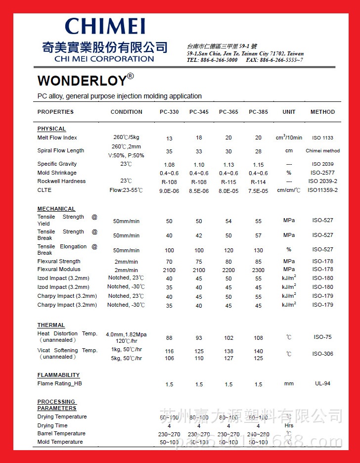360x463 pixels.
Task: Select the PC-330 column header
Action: point(169,112)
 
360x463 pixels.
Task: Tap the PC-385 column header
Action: point(258,112)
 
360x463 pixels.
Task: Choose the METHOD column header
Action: point(322,112)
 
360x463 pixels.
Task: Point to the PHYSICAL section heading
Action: point(51,129)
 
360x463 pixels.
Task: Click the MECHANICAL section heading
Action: point(56,209)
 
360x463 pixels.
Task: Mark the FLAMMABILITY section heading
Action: point(58,375)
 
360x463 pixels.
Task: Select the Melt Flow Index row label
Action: point(57,138)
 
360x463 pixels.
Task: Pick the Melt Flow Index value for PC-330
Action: point(169,139)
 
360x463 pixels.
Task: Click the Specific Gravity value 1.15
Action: point(258,165)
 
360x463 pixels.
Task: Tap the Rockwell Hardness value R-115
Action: point(228,182)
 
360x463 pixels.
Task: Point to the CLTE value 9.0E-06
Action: point(169,190)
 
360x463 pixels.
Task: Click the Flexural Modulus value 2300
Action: point(258,270)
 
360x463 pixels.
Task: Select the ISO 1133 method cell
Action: point(322,138)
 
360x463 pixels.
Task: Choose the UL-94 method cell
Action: point(322,383)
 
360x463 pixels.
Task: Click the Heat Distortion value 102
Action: point(228,338)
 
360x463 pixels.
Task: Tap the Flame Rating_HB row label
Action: point(59,383)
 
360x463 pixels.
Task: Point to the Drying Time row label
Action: point(52,425)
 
